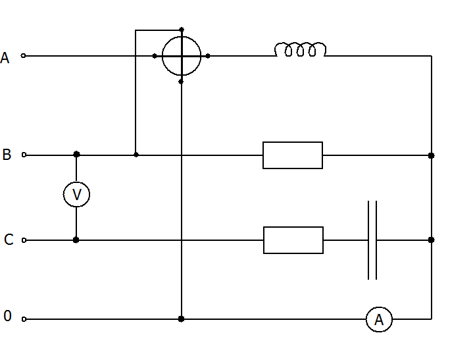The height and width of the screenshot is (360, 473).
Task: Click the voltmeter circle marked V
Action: [76, 182]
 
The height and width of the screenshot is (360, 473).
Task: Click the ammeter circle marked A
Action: [379, 307]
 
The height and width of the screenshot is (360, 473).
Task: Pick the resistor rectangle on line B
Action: [293, 142]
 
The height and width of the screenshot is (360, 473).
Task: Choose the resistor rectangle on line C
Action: [293, 227]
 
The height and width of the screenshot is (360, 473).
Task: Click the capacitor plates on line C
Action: [372, 240]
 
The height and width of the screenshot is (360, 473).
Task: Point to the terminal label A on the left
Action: [5, 58]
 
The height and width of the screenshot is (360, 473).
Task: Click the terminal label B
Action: [7, 155]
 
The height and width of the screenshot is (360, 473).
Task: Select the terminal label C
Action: [9, 240]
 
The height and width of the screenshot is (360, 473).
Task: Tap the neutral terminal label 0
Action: [7, 316]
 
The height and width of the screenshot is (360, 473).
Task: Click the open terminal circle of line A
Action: [23, 55]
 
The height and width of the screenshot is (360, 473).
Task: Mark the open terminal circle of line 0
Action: [24, 319]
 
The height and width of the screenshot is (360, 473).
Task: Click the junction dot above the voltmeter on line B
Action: [76, 154]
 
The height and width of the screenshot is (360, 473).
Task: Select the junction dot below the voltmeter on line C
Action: [76, 240]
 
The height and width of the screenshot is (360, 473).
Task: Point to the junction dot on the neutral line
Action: [181, 319]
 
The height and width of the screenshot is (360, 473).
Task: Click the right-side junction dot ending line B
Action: [432, 155]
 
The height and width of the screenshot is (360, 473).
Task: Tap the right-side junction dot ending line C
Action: [432, 240]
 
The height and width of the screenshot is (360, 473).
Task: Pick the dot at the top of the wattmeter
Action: [182, 30]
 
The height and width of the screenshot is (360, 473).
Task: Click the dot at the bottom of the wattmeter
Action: [181, 82]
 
